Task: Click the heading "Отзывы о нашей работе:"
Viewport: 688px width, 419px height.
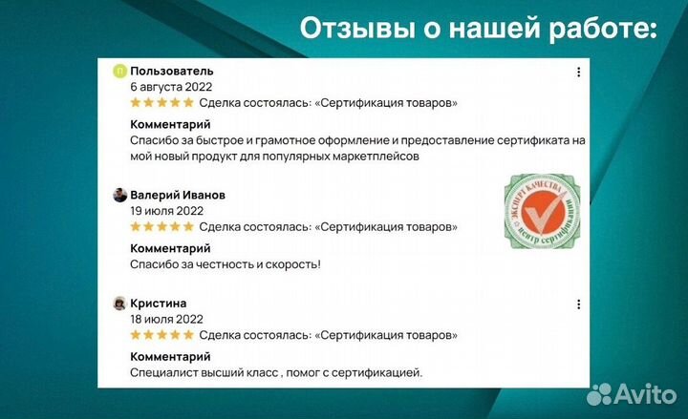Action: [x=478, y=29]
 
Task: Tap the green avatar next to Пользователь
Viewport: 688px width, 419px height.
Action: [x=119, y=71]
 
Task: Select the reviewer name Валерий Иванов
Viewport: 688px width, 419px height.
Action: [x=178, y=195]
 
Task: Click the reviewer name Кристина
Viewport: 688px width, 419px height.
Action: [x=159, y=304]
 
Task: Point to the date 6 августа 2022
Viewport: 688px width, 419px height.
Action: [x=171, y=86]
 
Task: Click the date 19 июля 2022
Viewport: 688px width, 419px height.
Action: [x=166, y=211]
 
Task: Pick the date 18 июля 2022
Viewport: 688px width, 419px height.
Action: [x=166, y=320]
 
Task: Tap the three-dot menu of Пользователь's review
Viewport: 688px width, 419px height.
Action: [x=578, y=72]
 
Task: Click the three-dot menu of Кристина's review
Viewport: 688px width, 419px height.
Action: [x=578, y=304]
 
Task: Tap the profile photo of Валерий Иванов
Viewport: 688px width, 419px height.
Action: [x=119, y=195]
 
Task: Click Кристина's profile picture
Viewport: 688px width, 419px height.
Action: [x=119, y=304]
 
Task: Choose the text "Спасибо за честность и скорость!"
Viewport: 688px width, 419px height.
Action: [x=226, y=263]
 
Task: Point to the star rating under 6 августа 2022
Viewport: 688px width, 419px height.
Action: [x=161, y=102]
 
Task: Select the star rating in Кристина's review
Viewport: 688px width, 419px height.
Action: [x=161, y=336]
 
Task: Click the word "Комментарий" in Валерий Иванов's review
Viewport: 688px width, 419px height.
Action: [x=170, y=248]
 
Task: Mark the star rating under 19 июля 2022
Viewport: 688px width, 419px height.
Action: [x=161, y=227]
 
